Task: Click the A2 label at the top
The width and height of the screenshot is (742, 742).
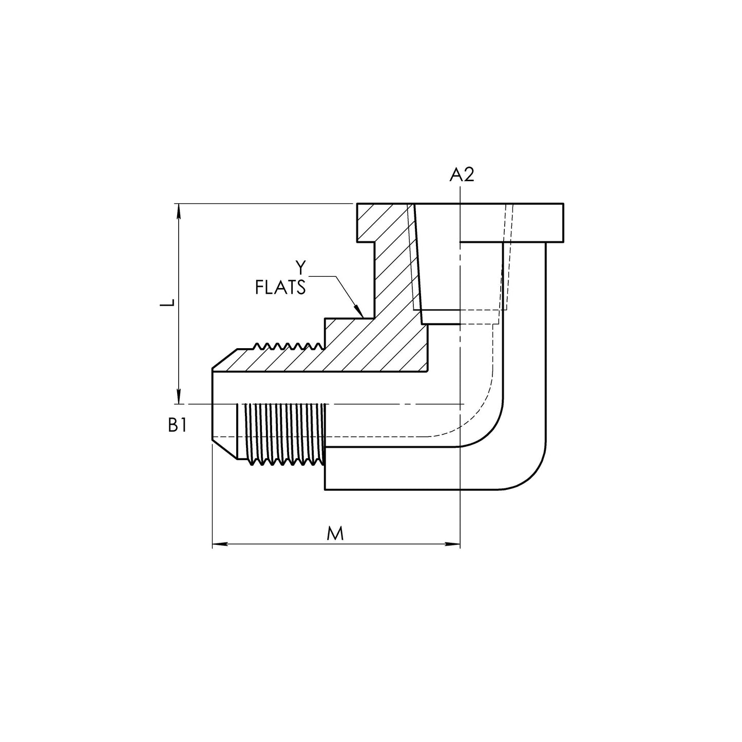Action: pyautogui.click(x=462, y=175)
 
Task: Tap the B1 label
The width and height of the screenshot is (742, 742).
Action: pyautogui.click(x=178, y=426)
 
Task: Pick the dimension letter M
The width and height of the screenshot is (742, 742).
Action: pyautogui.click(x=335, y=534)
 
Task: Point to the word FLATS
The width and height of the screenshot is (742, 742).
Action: pyautogui.click(x=280, y=288)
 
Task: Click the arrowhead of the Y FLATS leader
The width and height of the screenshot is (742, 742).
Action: pyautogui.click(x=359, y=311)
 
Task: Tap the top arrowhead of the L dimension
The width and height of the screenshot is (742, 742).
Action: pyautogui.click(x=178, y=211)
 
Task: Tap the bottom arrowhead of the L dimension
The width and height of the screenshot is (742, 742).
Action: pyautogui.click(x=178, y=396)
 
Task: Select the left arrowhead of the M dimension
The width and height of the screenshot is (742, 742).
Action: pyautogui.click(x=220, y=544)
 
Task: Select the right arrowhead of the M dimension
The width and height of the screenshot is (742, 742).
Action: pyautogui.click(x=452, y=544)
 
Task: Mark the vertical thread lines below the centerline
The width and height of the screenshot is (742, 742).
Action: pyautogui.click(x=285, y=434)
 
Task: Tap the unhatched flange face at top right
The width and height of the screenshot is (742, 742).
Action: pyautogui.click(x=512, y=222)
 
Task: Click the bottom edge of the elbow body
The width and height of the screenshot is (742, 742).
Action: pyautogui.click(x=412, y=489)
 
